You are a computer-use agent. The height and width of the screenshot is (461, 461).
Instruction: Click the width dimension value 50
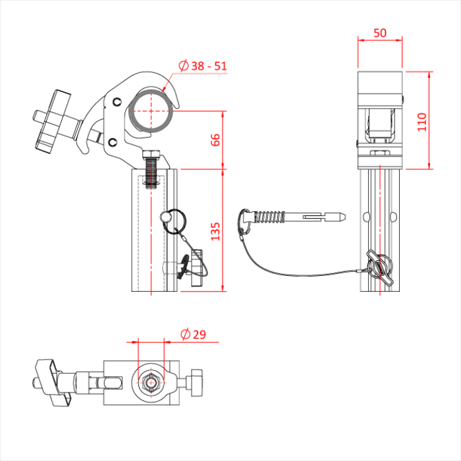pyautogui.click(x=379, y=32)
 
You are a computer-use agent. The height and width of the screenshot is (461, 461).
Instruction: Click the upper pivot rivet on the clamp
pyautogui.click(x=117, y=101)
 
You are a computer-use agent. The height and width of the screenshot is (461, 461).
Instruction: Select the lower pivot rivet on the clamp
pyautogui.click(x=112, y=142)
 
